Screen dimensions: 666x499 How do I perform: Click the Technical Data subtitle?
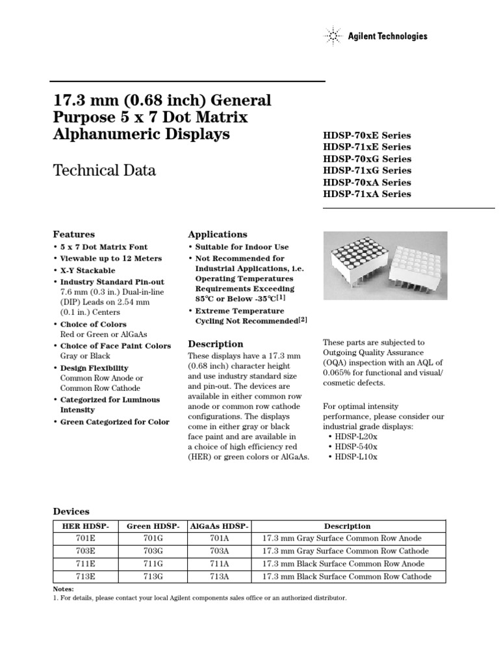tap(103, 171)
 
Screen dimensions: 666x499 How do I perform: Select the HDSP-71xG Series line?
tap(366, 170)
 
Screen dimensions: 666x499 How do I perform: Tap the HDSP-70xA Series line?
tap(366, 182)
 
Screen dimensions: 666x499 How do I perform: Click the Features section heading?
tap(73, 234)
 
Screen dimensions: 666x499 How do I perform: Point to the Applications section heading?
tap(217, 234)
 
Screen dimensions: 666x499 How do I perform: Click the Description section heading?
tap(216, 343)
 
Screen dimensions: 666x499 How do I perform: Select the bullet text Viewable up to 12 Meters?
tap(106, 258)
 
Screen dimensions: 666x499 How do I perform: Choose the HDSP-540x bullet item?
tap(356, 446)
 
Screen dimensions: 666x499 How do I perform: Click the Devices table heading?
tap(71, 512)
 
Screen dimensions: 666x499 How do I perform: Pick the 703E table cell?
tap(86, 551)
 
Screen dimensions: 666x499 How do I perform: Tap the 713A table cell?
tap(219, 576)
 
